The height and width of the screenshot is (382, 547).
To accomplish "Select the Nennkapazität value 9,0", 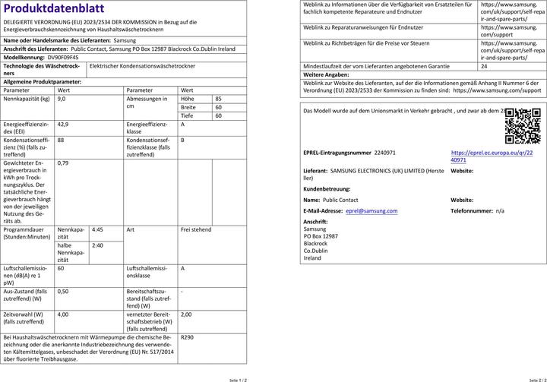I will (x=62, y=99).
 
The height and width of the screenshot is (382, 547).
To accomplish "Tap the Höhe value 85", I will (x=218, y=99).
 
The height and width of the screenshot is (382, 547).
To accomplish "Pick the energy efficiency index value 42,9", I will (x=63, y=124).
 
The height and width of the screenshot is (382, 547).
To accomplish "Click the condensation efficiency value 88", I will (x=61, y=140).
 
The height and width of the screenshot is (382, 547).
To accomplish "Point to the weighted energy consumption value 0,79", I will (x=63, y=163).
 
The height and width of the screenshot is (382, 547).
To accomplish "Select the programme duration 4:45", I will (x=97, y=229).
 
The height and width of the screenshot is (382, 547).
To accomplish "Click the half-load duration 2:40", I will (x=97, y=245).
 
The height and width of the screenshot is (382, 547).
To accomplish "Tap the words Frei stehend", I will (x=196, y=229).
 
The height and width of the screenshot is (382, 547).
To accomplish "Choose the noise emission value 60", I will (x=61, y=268).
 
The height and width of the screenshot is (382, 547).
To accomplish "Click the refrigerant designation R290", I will (x=188, y=337).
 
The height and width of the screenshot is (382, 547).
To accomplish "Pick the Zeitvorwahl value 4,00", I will (x=63, y=314).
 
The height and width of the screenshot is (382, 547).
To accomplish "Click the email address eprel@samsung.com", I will (x=371, y=210).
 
